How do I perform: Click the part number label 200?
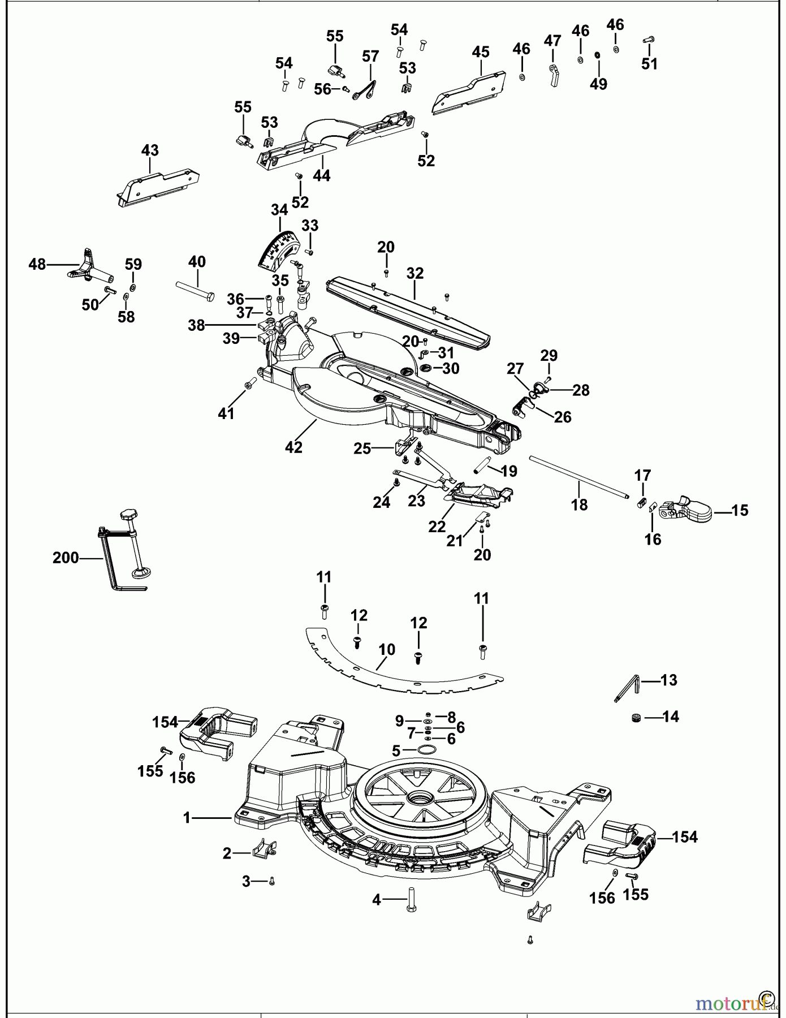[x=65, y=558]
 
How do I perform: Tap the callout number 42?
[x=293, y=447]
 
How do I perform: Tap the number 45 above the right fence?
[x=480, y=52]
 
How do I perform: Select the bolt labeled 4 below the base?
[x=411, y=899]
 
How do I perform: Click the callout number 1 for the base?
[x=187, y=818]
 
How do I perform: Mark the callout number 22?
[x=437, y=526]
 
